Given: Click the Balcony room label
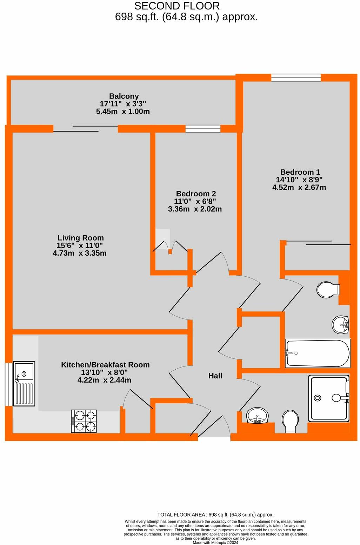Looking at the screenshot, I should point(124,96).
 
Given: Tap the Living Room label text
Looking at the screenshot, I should point(80,238).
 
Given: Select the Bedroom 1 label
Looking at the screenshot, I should point(300,172).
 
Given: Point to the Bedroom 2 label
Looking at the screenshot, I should point(196,194).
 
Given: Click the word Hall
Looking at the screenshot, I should point(215,376).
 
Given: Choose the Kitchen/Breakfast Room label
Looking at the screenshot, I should point(105,365).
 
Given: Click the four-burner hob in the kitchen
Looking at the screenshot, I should point(84,421).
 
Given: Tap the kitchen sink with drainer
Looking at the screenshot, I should point(24,383).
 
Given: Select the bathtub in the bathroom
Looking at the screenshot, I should point(318,353).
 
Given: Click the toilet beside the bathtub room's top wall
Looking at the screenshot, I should point(328,290).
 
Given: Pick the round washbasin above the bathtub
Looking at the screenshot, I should point(340,324).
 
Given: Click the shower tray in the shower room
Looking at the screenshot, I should point(328,398).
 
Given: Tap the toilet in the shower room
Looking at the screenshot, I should point(290,421).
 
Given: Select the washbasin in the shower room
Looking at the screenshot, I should point(257,416).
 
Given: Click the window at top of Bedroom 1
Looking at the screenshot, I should point(296,78).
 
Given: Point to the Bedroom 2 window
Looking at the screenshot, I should point(203,129).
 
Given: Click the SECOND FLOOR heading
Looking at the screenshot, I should point(177,6).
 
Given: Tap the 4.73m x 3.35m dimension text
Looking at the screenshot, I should point(80,253).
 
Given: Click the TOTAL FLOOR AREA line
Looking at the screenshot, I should point(215,515).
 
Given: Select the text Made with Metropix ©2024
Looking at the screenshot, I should point(215,543).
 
